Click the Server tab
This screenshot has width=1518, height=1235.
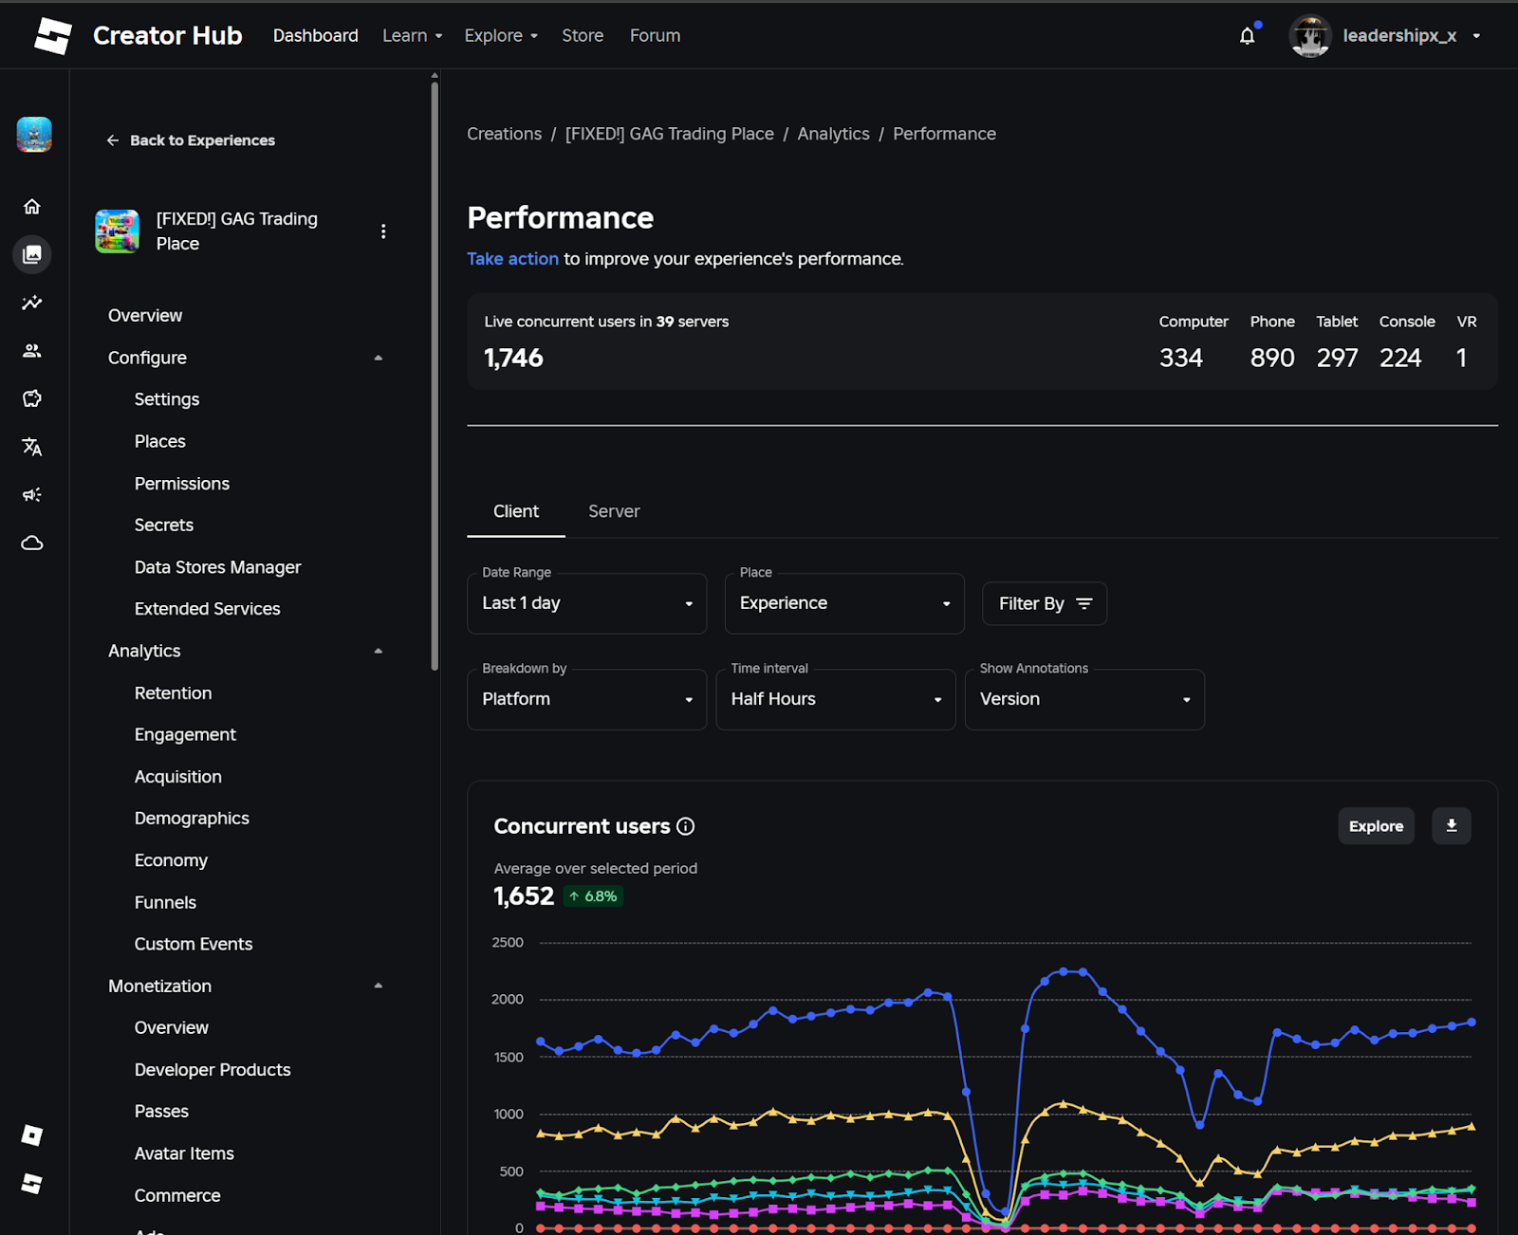614,511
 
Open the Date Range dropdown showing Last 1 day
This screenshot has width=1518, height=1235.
586,603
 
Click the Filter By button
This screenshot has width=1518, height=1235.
1045,603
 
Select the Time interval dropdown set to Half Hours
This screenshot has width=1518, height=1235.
835,699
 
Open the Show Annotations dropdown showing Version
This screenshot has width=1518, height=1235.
1083,699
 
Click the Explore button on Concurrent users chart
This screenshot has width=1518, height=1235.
1375,826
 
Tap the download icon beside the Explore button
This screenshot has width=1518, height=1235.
1451,826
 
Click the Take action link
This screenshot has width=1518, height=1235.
512,259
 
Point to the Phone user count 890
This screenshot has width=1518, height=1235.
1271,358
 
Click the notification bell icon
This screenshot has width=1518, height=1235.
1247,36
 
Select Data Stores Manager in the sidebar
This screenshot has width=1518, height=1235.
217,567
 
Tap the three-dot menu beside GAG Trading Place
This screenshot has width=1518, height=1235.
383,231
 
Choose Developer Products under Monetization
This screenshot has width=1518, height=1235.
213,1070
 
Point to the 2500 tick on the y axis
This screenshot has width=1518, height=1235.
508,942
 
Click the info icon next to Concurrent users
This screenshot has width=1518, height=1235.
685,826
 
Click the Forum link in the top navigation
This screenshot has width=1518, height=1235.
655,36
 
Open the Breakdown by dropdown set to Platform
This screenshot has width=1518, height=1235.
586,699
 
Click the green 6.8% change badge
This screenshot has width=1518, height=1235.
594,896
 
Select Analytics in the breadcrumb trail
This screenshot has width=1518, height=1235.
833,134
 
